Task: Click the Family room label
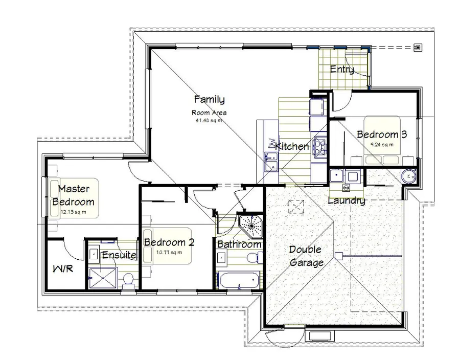[209, 99]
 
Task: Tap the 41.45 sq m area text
[209, 121]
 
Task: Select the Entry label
[342, 69]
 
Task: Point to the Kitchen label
[292, 147]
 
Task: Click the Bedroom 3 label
[381, 135]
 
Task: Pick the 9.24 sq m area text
[382, 145]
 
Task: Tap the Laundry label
[347, 200]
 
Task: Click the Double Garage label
[306, 256]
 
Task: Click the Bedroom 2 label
[169, 242]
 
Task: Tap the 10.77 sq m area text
[169, 253]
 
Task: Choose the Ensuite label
[119, 255]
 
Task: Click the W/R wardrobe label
[63, 269]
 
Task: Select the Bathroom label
[239, 244]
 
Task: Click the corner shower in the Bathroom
[251, 225]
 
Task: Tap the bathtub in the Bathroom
[238, 280]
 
